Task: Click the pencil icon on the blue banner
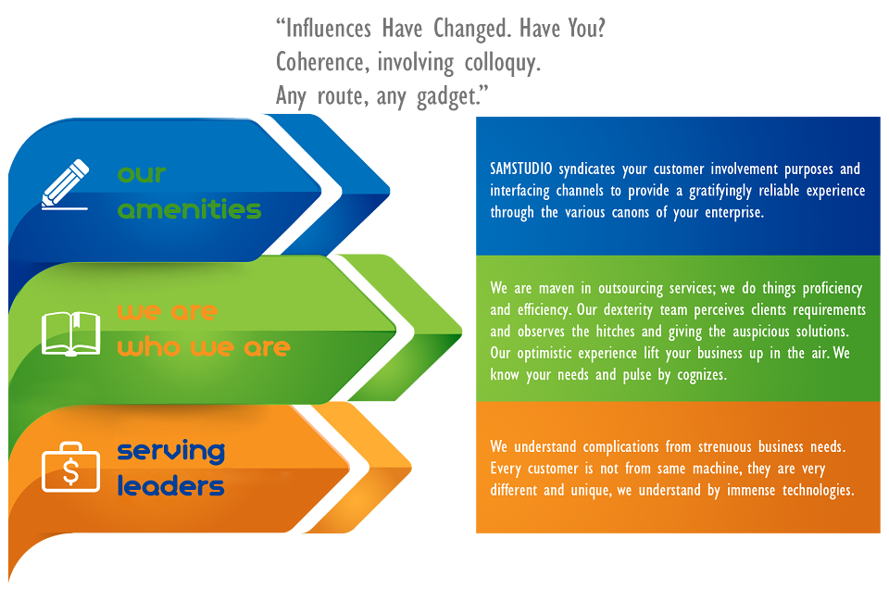tap(65, 184)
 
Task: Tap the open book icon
tap(71, 333)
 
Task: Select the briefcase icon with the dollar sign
tap(71, 467)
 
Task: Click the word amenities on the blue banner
tap(189, 209)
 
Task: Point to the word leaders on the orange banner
tap(170, 486)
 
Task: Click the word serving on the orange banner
tap(170, 452)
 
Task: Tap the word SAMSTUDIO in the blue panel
tap(521, 169)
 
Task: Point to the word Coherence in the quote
tap(322, 62)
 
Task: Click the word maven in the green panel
tap(557, 288)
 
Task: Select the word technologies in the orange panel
tap(818, 490)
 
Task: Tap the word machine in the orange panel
tap(716, 469)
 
